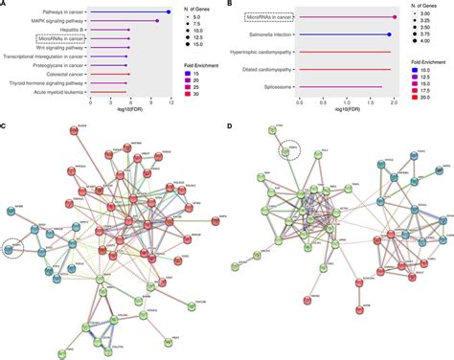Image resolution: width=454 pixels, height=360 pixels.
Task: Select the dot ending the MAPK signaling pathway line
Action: [157, 21]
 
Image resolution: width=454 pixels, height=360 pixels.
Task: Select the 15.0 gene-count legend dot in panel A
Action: [190, 50]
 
